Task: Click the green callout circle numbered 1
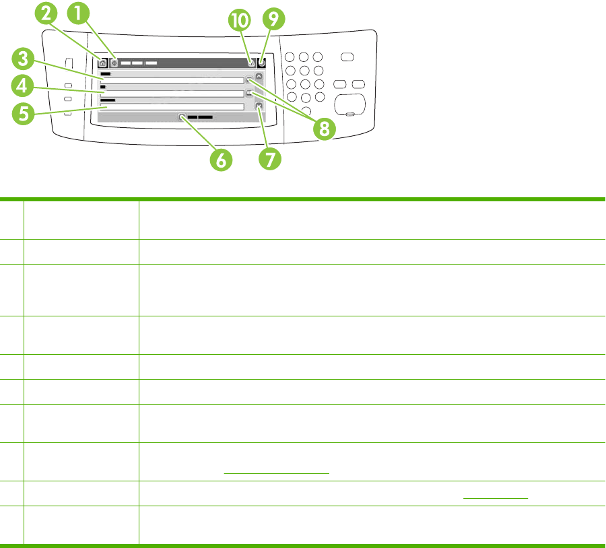pyautogui.click(x=80, y=13)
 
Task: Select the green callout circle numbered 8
pyautogui.click(x=325, y=128)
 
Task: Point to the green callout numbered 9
pyautogui.click(x=273, y=20)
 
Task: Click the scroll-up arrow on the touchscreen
pyautogui.click(x=258, y=77)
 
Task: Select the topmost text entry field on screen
pyautogui.click(x=172, y=80)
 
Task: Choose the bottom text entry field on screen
pyautogui.click(x=172, y=106)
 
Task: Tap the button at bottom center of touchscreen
pyautogui.click(x=196, y=116)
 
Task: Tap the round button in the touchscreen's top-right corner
pyautogui.click(x=261, y=63)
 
